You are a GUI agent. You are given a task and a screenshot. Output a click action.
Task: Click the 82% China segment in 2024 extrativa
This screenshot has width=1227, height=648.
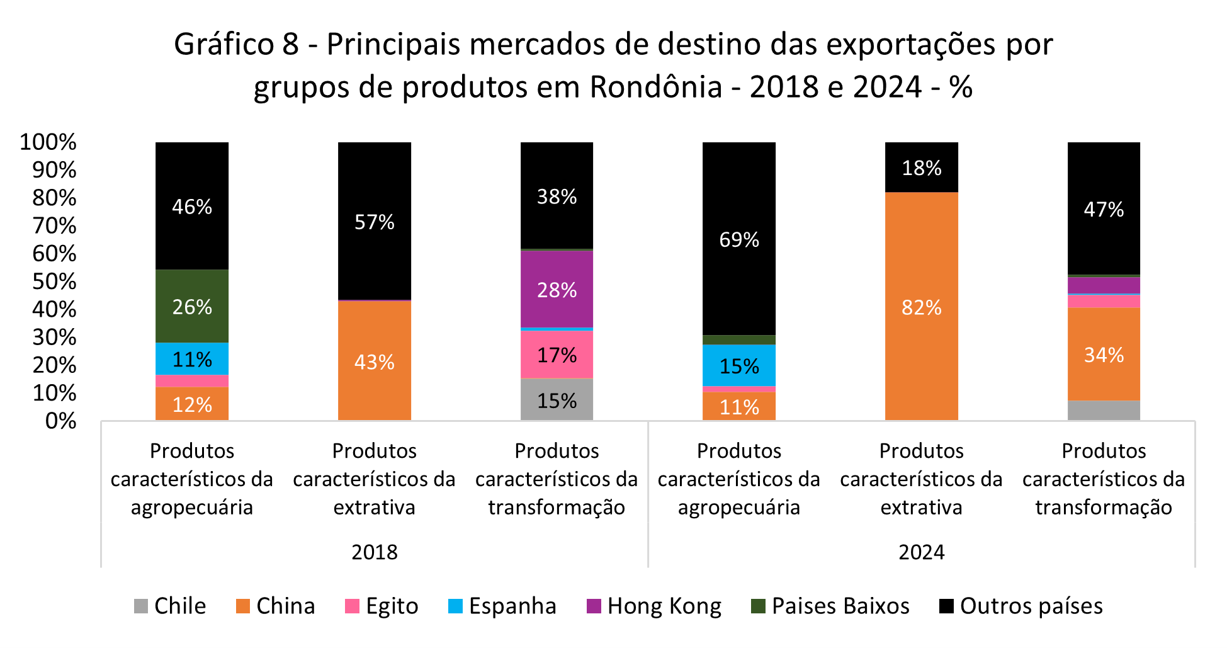pos(921,307)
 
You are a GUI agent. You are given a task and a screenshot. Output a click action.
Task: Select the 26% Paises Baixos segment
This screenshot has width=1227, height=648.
pos(192,306)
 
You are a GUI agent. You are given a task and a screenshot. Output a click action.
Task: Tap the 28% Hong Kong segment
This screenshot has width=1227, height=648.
pos(557,289)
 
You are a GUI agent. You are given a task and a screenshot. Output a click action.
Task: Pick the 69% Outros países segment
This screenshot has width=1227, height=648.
pos(738,239)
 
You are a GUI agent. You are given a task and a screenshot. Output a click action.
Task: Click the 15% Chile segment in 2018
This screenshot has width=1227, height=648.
pos(557,400)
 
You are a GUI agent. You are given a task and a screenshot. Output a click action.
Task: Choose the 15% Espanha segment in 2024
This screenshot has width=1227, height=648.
pos(738,365)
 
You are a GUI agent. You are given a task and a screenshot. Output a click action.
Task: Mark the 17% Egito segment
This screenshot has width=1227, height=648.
pos(557,355)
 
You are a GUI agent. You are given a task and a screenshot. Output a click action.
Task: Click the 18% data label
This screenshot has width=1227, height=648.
pos(921,168)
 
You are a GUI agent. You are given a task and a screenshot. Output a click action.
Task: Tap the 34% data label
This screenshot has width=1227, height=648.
pos(1103,355)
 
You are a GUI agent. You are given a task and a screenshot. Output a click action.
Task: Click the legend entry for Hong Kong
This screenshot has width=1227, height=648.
pos(655,606)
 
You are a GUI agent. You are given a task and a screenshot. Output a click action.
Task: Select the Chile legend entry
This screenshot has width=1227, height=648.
pos(171,606)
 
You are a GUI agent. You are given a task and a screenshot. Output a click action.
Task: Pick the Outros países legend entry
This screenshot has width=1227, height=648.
pos(1021,606)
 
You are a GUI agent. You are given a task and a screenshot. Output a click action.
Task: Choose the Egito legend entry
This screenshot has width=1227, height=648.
pos(382,606)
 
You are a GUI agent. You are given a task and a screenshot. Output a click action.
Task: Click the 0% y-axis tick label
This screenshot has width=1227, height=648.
pos(60,421)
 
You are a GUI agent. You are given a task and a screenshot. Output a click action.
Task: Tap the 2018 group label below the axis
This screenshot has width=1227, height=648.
pos(374,552)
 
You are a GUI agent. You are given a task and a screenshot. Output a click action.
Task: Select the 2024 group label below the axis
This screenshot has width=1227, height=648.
pos(921,552)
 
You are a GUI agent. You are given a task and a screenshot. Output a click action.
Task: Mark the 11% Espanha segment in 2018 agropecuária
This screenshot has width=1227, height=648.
pos(192,359)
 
